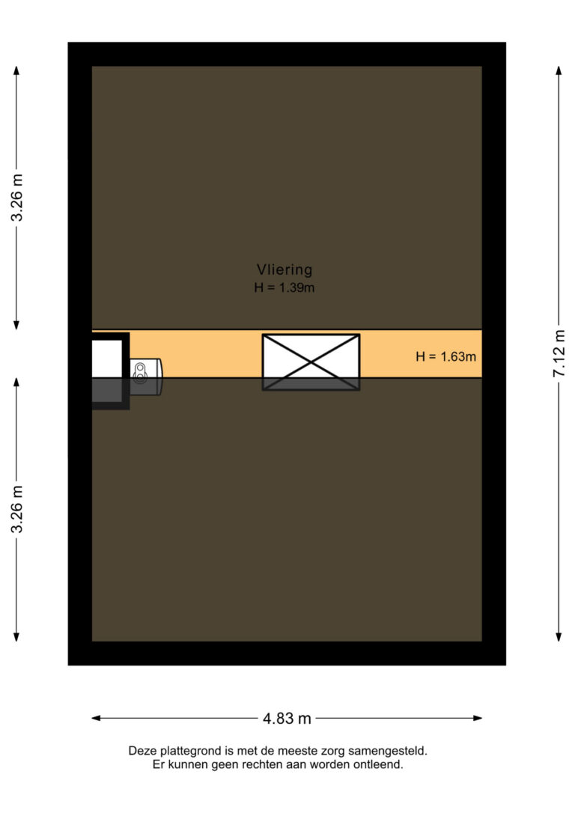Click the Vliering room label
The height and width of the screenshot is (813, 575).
pyautogui.click(x=285, y=270)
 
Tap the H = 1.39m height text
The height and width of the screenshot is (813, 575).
pyautogui.click(x=284, y=287)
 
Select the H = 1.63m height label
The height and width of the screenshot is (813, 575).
pyautogui.click(x=446, y=356)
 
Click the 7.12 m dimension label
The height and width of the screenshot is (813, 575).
pyautogui.click(x=559, y=353)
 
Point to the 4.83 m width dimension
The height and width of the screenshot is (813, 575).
pyautogui.click(x=287, y=718)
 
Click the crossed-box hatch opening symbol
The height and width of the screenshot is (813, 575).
pyautogui.click(x=311, y=362)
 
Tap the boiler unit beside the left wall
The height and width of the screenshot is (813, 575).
pyautogui.click(x=145, y=377)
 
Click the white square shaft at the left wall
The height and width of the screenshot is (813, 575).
pyautogui.click(x=107, y=359)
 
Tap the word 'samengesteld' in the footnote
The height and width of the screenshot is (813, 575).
pyautogui.click(x=388, y=751)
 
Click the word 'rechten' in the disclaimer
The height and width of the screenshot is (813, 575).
pyautogui.click(x=255, y=764)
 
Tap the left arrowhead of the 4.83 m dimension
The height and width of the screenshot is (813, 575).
pyautogui.click(x=95, y=718)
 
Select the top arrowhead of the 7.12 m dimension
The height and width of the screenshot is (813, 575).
pyautogui.click(x=559, y=70)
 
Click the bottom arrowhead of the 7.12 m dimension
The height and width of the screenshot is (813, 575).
pyautogui.click(x=559, y=637)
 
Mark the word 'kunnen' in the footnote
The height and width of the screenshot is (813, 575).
pyautogui.click(x=189, y=764)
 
